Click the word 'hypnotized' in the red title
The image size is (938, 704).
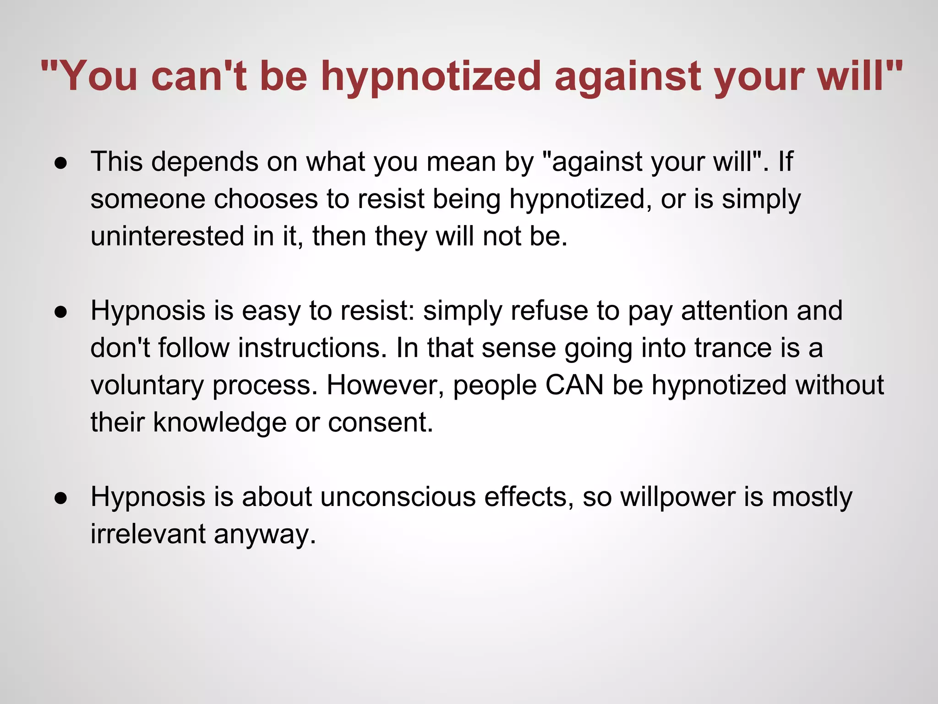click(x=431, y=77)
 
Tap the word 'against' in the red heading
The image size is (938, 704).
click(x=627, y=77)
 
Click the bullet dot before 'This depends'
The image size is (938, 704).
click(x=61, y=164)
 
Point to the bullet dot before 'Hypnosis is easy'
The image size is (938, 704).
click(x=61, y=312)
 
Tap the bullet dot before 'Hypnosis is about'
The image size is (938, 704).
click(x=61, y=498)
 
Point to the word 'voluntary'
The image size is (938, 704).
click(x=147, y=385)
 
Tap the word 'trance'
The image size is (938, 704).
click(x=733, y=348)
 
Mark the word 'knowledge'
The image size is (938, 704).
click(x=219, y=422)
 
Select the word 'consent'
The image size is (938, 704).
click(x=380, y=422)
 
